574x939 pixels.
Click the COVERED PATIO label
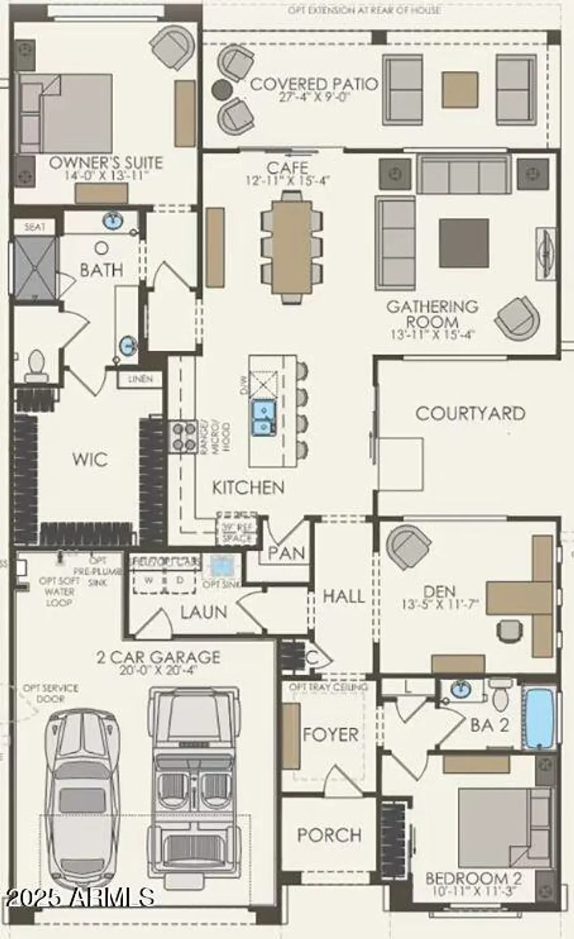(314, 84)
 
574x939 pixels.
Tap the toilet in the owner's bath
(36, 365)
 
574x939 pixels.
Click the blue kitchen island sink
(263, 418)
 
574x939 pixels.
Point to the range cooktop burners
(182, 436)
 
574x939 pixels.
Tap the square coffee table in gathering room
(463, 243)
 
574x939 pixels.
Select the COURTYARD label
(470, 414)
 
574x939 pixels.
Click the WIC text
(90, 459)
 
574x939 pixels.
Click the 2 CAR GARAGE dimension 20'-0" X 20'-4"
(158, 670)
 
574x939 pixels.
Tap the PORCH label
(329, 835)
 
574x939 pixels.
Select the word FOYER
(330, 734)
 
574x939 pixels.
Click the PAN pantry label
(286, 553)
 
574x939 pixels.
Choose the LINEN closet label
(140, 379)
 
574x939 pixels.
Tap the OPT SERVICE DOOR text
(51, 693)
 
